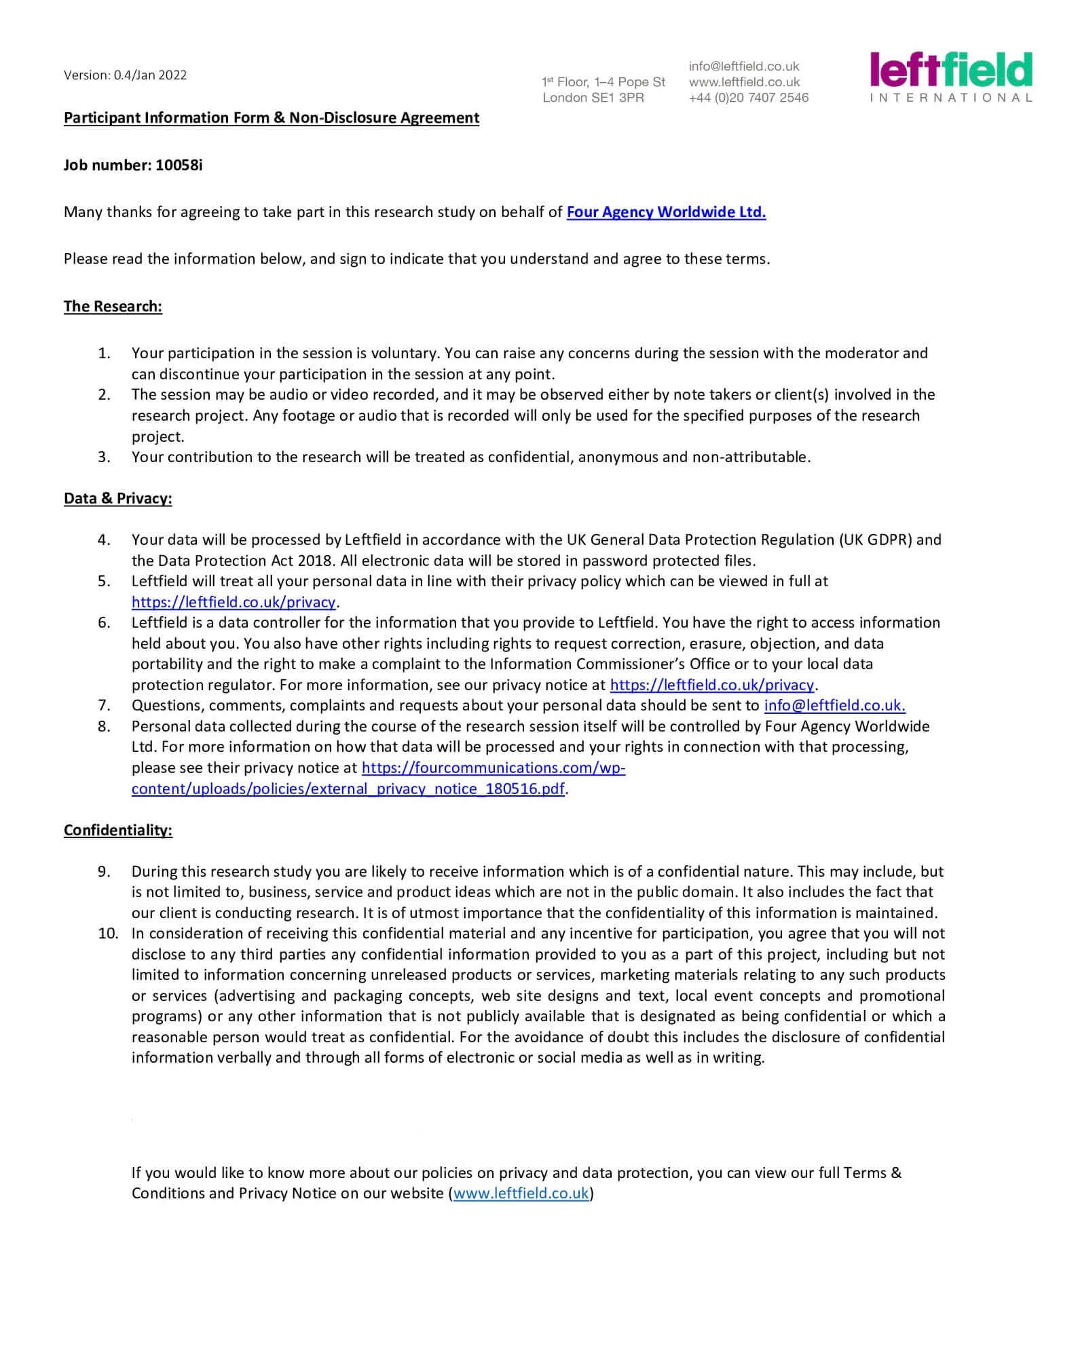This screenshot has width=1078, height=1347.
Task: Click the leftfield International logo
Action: pos(950,77)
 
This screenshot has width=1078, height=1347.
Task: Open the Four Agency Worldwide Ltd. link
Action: pos(666,212)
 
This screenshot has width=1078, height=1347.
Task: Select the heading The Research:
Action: pos(113,307)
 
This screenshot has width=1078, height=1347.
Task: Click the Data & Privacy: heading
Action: pos(117,499)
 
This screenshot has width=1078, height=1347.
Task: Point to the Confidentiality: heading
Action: pos(117,831)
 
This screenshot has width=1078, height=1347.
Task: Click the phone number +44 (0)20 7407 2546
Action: pos(748,98)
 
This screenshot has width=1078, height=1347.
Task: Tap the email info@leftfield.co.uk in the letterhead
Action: pos(743,67)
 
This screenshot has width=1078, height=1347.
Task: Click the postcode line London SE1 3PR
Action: pos(593,98)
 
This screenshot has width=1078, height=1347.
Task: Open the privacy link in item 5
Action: pos(234,603)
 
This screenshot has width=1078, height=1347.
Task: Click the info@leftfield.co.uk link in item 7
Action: pos(834,706)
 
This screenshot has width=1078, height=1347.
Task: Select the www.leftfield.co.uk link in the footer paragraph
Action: pos(521,1193)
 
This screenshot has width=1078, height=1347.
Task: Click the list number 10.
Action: pos(108,934)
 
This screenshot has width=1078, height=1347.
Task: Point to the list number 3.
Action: pos(104,457)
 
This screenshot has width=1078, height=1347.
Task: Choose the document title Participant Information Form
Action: pos(271,118)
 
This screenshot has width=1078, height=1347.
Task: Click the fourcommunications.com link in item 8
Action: pos(493,768)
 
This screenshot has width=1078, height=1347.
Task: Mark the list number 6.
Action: pos(104,623)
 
